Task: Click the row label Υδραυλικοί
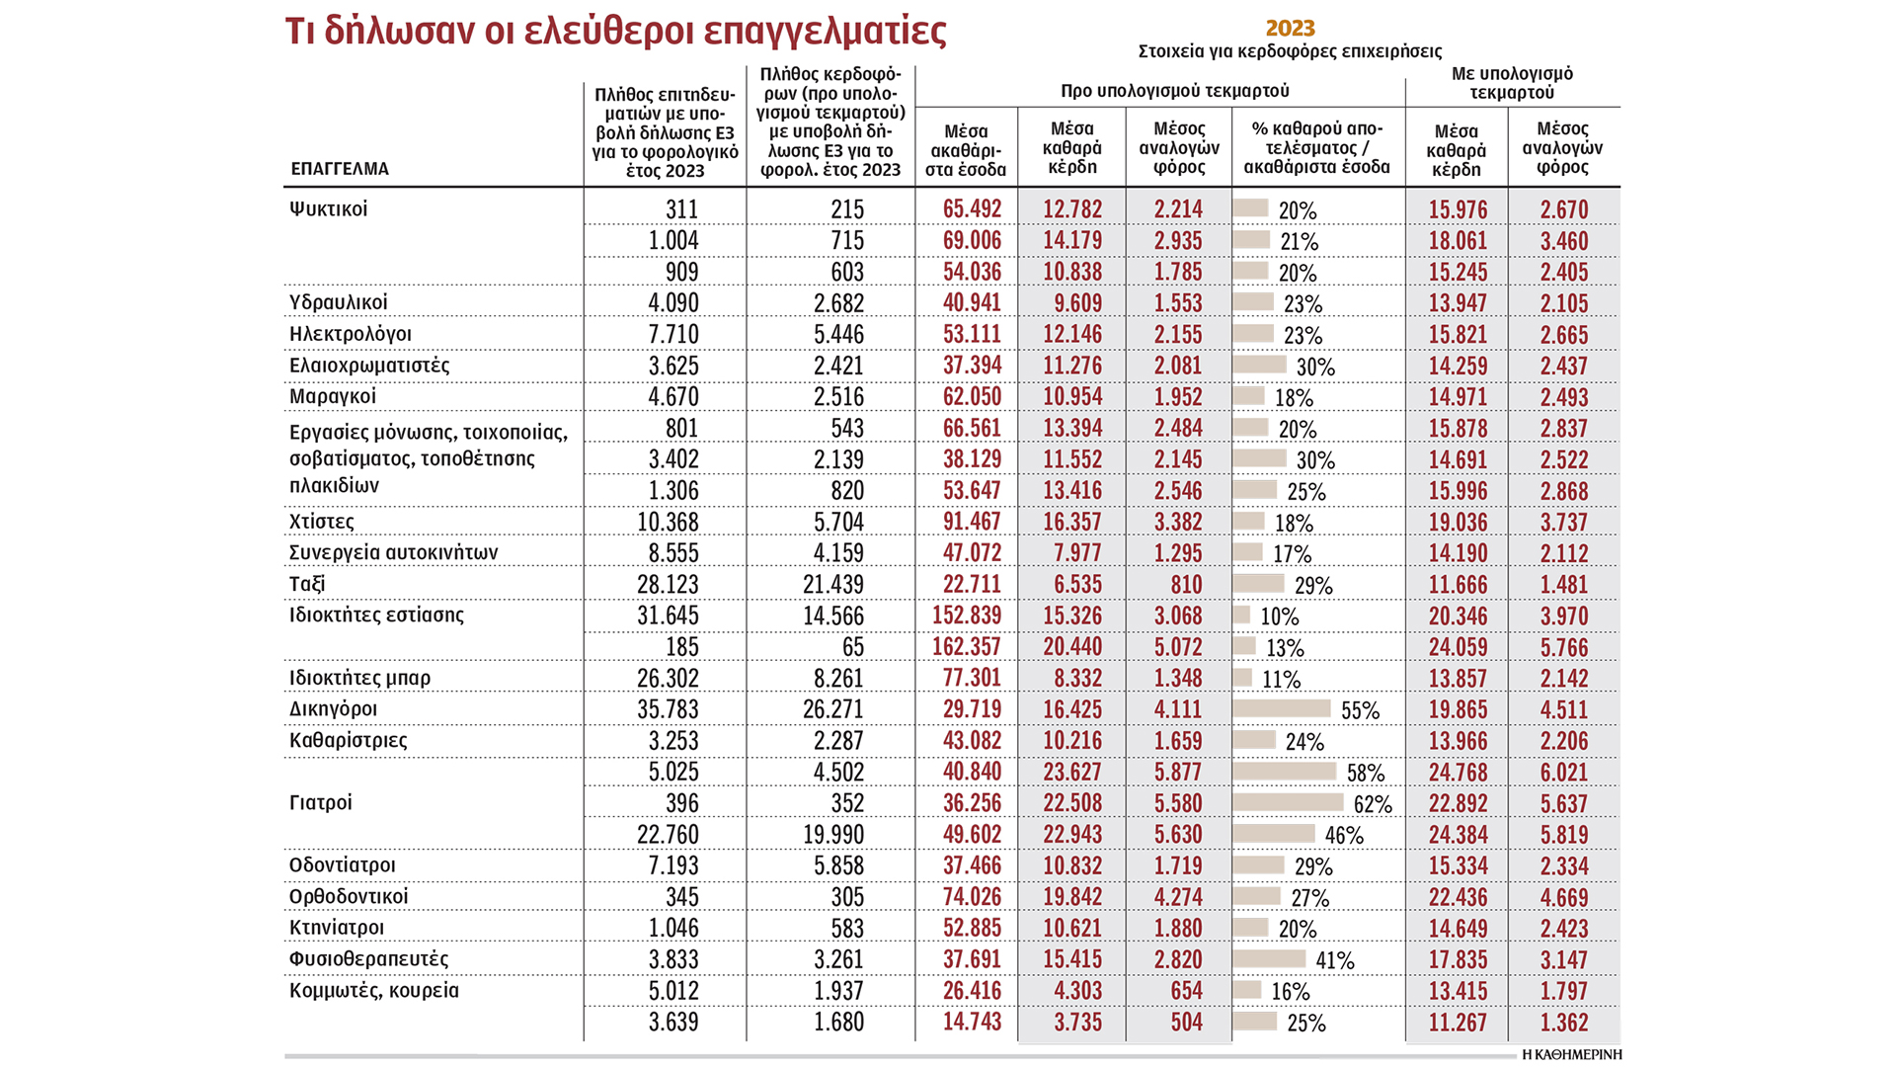(x=338, y=302)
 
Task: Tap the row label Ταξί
(x=307, y=584)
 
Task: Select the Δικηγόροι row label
(x=333, y=709)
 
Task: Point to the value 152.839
(x=966, y=616)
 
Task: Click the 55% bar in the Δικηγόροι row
(x=1282, y=708)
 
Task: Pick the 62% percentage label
(x=1373, y=804)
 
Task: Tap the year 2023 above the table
(x=1290, y=28)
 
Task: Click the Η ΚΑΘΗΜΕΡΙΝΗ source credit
(x=1571, y=1054)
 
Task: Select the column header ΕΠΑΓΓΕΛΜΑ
(x=340, y=169)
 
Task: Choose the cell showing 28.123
(x=667, y=584)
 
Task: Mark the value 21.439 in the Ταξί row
(x=832, y=584)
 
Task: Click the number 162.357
(x=966, y=647)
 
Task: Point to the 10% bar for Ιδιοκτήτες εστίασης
(x=1241, y=615)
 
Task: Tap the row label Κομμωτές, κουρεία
(x=373, y=990)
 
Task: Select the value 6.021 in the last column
(x=1563, y=773)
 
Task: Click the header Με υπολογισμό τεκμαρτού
(x=1512, y=83)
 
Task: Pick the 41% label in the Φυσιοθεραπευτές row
(x=1335, y=960)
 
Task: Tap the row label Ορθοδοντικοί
(x=348, y=897)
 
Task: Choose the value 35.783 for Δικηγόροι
(x=667, y=709)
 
